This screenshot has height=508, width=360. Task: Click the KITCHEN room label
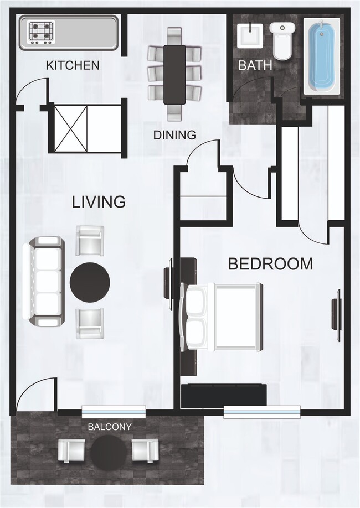73,65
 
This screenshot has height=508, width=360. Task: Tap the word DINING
174,134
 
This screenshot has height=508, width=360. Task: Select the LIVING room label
99,202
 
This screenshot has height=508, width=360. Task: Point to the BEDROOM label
270,264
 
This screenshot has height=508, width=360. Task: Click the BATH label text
255,65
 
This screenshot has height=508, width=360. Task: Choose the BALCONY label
110,427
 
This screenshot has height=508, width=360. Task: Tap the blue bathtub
322,55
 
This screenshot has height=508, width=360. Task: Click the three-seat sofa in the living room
43,281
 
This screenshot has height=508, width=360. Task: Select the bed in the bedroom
222,317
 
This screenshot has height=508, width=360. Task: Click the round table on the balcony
109,450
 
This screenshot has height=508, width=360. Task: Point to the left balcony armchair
71,450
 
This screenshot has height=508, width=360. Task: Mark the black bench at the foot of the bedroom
224,393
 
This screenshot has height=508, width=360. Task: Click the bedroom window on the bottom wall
261,412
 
